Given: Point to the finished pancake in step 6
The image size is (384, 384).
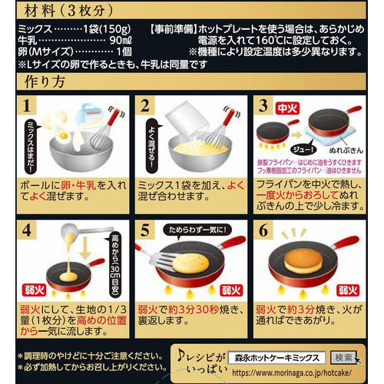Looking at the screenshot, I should tap(306, 263).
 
